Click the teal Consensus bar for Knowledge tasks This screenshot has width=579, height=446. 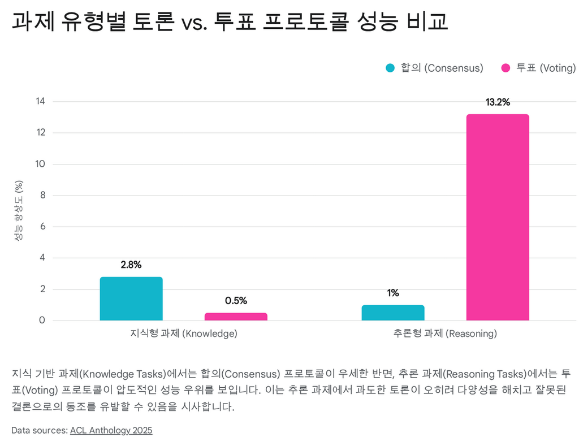[x=131, y=298]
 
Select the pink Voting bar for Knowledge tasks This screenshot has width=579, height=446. [x=236, y=317]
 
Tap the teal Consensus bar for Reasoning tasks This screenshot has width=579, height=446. [x=393, y=313]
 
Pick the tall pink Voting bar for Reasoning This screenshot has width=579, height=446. [x=498, y=217]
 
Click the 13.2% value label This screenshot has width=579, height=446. [x=498, y=102]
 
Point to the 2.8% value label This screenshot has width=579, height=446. [x=131, y=265]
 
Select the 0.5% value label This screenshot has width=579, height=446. [x=236, y=301]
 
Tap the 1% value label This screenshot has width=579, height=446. [x=393, y=293]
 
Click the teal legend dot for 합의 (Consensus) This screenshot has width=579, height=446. [x=390, y=68]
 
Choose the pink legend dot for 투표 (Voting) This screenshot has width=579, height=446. [x=506, y=68]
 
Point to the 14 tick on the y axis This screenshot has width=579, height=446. [x=40, y=102]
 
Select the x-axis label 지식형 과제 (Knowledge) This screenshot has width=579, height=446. [x=184, y=334]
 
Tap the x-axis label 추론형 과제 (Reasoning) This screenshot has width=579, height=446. [x=445, y=334]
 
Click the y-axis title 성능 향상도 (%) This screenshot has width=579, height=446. [x=19, y=211]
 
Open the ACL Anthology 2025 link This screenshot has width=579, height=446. [x=111, y=430]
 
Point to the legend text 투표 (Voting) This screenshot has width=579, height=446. [x=546, y=68]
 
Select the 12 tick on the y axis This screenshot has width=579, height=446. [x=40, y=133]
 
